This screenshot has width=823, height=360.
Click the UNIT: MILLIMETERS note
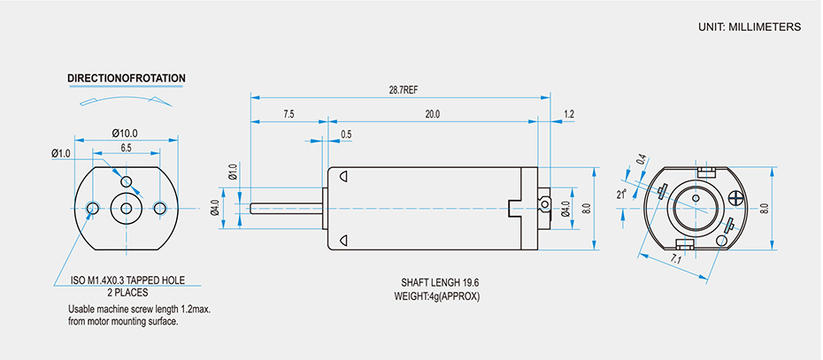click(x=749, y=27)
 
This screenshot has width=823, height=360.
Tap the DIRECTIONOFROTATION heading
click(x=127, y=79)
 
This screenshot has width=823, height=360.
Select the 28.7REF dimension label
click(x=404, y=90)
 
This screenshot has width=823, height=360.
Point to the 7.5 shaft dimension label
click(x=288, y=114)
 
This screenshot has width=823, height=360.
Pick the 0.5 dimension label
click(x=346, y=134)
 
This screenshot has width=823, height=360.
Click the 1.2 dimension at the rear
click(x=568, y=114)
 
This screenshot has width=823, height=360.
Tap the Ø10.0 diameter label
click(x=125, y=133)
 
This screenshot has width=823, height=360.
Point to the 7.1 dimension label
click(x=676, y=259)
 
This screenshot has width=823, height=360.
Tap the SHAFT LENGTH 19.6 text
click(x=440, y=283)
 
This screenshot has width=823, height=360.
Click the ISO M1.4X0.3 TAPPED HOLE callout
click(x=135, y=280)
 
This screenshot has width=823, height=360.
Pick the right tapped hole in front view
click(x=159, y=208)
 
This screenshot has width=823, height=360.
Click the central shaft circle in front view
click(x=127, y=209)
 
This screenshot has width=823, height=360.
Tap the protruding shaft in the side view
click(x=288, y=209)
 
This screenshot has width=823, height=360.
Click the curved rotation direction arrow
click(x=124, y=99)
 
